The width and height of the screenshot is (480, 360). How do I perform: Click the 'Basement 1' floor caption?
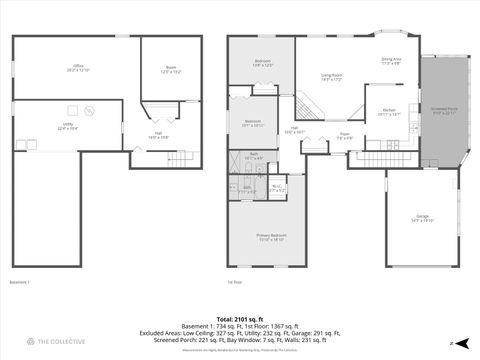[20, 282]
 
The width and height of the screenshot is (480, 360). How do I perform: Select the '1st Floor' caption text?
[235, 282]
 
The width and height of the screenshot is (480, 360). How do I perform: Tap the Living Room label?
[332, 77]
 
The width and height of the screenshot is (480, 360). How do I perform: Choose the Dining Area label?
[391, 61]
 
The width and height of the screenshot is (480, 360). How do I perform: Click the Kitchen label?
[389, 112]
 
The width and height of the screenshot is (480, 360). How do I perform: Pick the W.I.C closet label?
[278, 187]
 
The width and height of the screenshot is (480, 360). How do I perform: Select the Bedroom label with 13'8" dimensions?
[262, 63]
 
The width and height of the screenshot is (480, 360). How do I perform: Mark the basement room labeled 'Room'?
[171, 70]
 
